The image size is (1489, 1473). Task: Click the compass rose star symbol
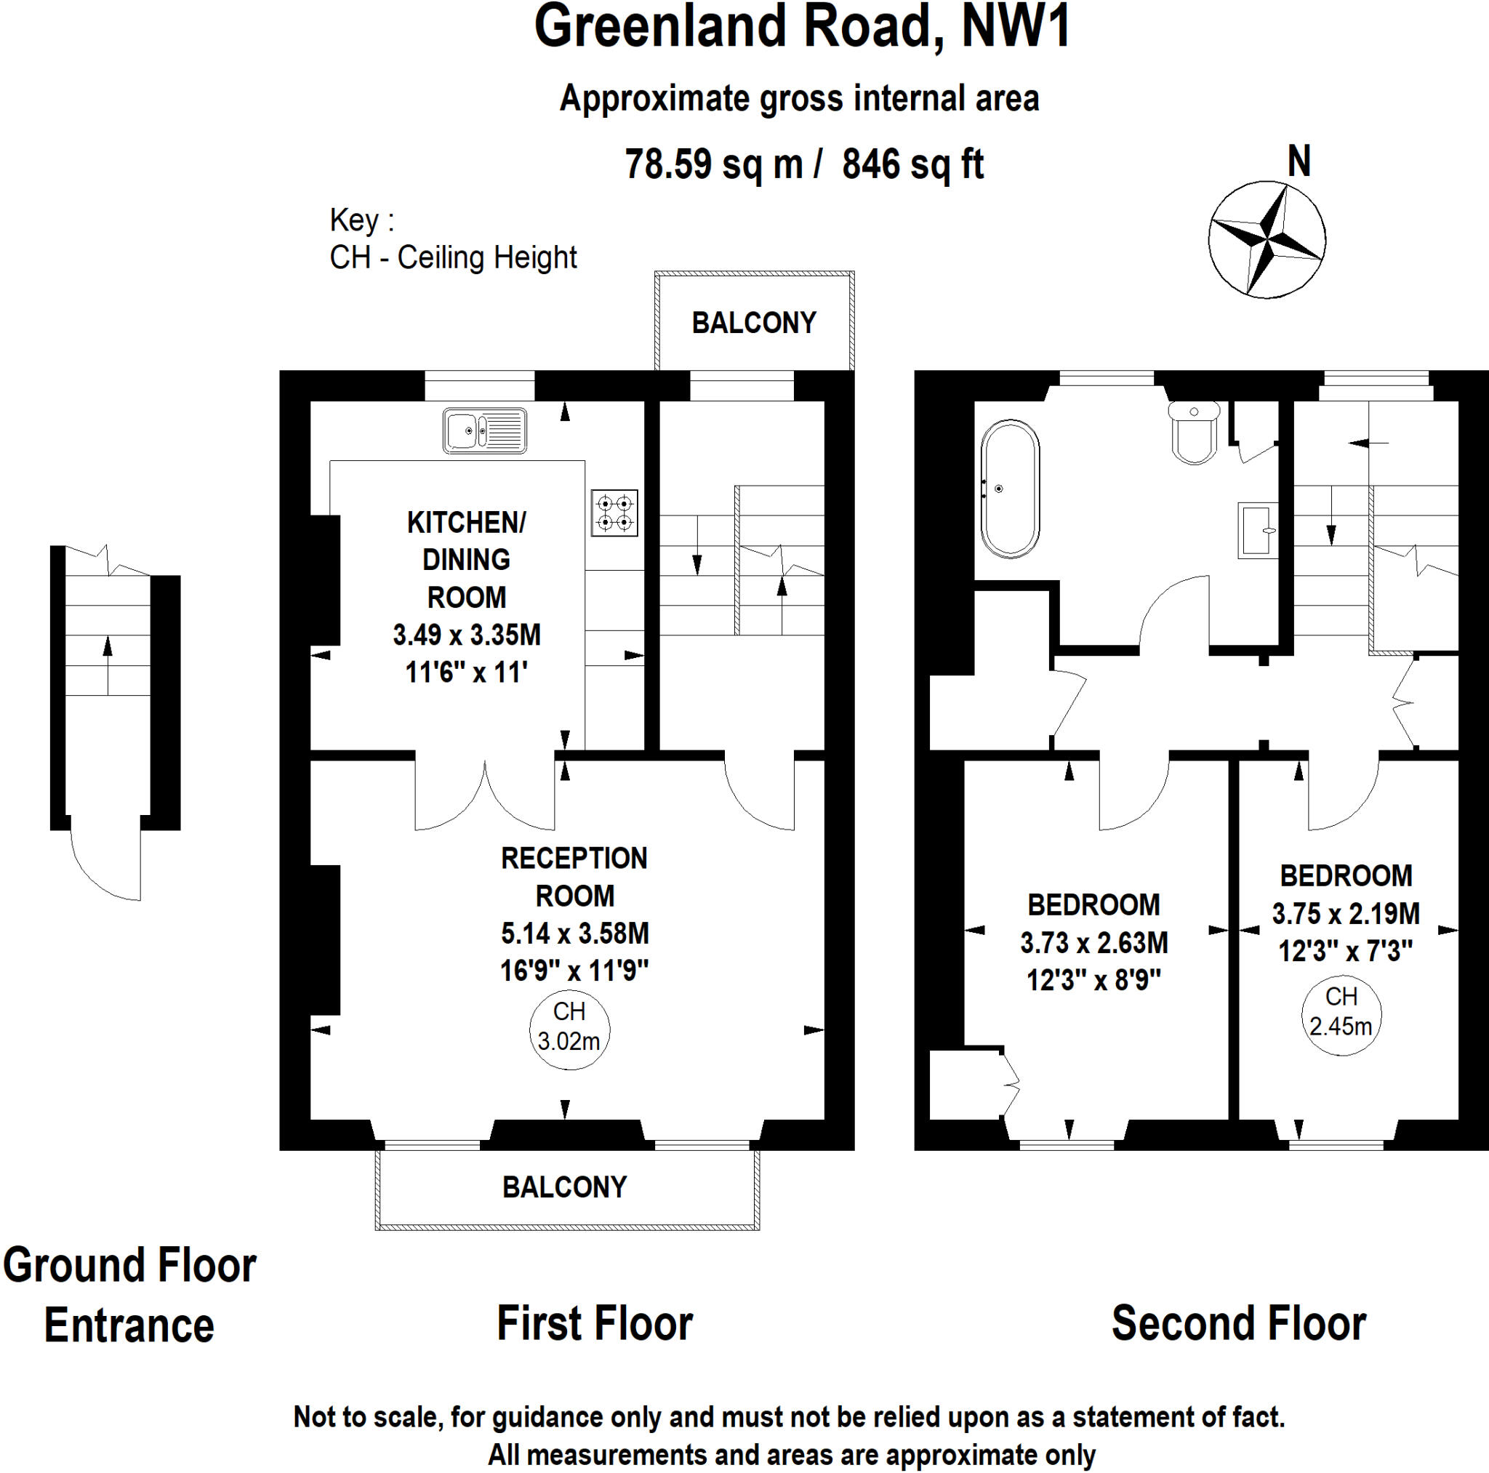pyautogui.click(x=1267, y=239)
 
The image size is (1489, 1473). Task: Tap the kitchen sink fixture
pyautogui.click(x=485, y=431)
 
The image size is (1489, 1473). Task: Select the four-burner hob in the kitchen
pyautogui.click(x=614, y=513)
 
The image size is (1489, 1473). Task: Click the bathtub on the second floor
pyautogui.click(x=1010, y=489)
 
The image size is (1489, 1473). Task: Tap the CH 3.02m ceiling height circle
pyautogui.click(x=569, y=1027)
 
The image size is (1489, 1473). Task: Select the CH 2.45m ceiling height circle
pyautogui.click(x=1341, y=1013)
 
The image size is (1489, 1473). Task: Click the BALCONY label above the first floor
pyautogui.click(x=754, y=323)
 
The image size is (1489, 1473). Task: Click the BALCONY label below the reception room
pyautogui.click(x=564, y=1187)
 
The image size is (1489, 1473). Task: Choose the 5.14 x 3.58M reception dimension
pyautogui.click(x=575, y=934)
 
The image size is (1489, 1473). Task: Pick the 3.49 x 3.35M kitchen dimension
pyautogui.click(x=466, y=635)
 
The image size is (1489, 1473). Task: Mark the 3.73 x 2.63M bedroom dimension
pyautogui.click(x=1093, y=943)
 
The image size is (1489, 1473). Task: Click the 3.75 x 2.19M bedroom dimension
pyautogui.click(x=1346, y=914)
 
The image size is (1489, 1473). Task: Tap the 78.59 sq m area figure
pyautogui.click(x=714, y=164)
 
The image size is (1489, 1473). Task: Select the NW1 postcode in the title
pyautogui.click(x=1016, y=27)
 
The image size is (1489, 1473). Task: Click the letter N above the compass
pyautogui.click(x=1299, y=162)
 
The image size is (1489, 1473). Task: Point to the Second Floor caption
pyautogui.click(x=1238, y=1323)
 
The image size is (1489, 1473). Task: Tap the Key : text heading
pyautogui.click(x=361, y=220)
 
